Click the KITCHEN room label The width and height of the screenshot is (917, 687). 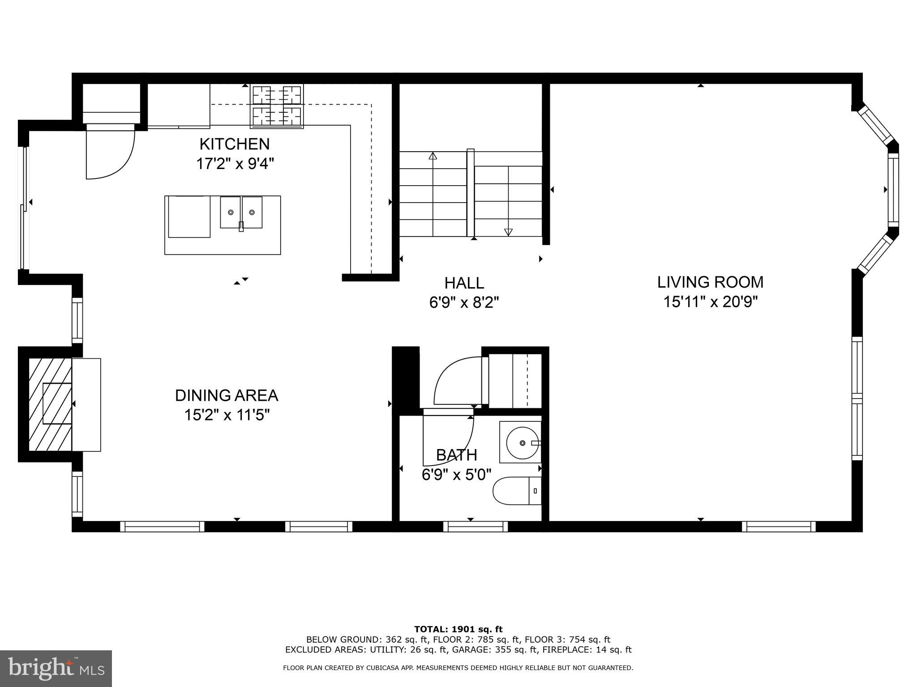[x=235, y=144]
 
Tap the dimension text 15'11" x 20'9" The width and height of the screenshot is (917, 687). [x=710, y=302]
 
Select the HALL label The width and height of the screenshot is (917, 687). [x=464, y=283]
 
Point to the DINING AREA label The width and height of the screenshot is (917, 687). [x=227, y=395]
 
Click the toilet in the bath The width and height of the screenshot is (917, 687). [x=516, y=491]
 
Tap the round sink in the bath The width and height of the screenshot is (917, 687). [x=522, y=443]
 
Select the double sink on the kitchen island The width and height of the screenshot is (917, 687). [x=241, y=212]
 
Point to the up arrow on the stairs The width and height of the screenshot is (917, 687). [x=433, y=156]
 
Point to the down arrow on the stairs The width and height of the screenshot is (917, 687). [x=508, y=232]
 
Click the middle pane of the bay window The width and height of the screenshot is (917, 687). [x=893, y=190]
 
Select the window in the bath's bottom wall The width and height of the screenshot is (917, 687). [x=475, y=526]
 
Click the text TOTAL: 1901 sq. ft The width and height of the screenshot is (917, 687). [x=458, y=629]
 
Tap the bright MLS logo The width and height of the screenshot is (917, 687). [x=56, y=668]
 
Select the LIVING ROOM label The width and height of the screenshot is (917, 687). [x=710, y=282]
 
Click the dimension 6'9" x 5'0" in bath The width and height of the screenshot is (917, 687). [x=456, y=474]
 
